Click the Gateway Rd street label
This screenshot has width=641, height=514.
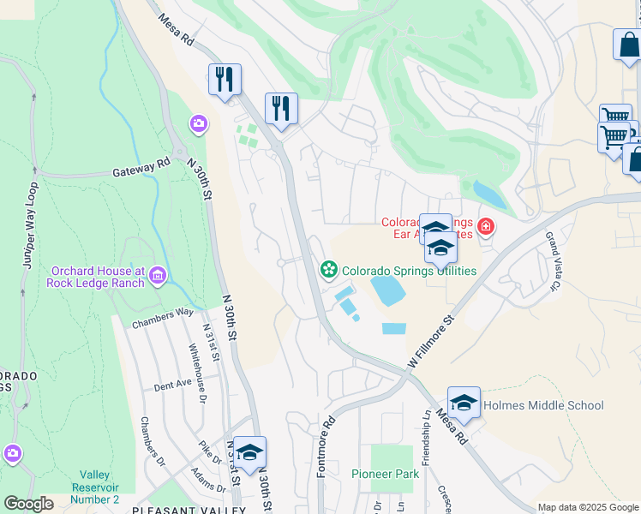tap(141, 171)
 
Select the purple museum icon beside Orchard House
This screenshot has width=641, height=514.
tap(157, 275)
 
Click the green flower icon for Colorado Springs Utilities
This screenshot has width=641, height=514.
tap(328, 271)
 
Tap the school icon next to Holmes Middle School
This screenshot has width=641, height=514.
tap(464, 403)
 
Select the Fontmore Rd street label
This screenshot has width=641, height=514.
tap(325, 446)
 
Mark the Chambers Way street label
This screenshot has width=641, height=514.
tap(162, 319)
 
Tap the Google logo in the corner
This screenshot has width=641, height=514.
tap(29, 503)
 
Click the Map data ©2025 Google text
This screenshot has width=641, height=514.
tap(587, 507)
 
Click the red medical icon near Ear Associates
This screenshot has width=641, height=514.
tap(486, 227)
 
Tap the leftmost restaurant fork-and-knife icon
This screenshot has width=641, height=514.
tap(225, 81)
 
